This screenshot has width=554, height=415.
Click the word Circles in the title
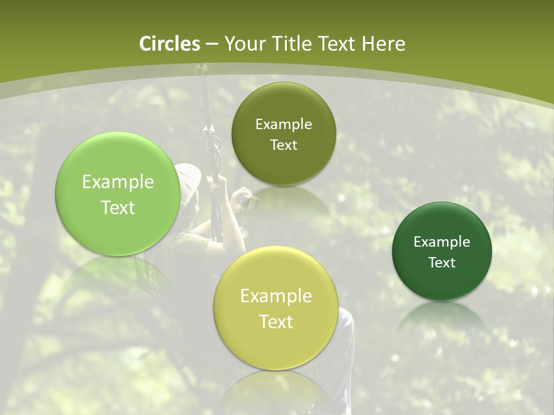click(x=169, y=44)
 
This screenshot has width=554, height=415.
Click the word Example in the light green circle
click(x=118, y=182)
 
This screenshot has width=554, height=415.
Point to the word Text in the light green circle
click(x=118, y=207)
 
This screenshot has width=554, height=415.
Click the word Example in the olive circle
click(x=283, y=124)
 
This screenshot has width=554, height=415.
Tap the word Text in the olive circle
click(x=283, y=145)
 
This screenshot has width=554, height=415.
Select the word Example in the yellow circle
click(x=276, y=296)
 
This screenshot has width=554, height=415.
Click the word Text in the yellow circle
click(x=276, y=322)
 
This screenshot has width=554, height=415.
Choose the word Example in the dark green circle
click(x=441, y=242)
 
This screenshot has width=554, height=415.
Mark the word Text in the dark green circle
click(x=441, y=263)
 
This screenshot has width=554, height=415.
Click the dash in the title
click(x=212, y=44)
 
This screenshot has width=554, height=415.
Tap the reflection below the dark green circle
click(x=442, y=317)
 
